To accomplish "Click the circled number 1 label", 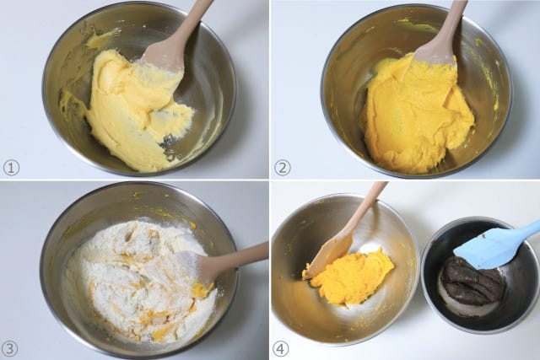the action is click(11, 169).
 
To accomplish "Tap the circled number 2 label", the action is click(282, 169).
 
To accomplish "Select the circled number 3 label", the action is click(9, 349).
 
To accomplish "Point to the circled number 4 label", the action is click(281, 349).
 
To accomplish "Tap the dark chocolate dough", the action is click(471, 280).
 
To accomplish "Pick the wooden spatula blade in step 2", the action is click(435, 55).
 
